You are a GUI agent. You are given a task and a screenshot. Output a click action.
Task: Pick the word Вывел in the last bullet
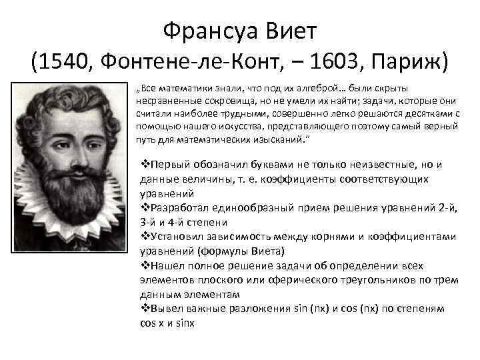tap(163, 309)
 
